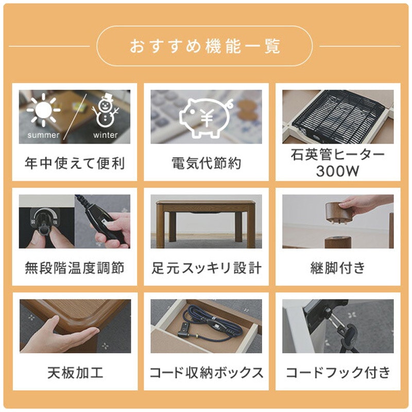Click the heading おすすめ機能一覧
coord(205,46)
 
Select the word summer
coord(43,135)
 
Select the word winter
coord(106,135)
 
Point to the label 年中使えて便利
coord(75,164)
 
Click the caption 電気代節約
coord(206,164)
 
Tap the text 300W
coord(337,171)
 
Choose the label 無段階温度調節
coord(75,268)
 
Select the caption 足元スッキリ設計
coord(206,268)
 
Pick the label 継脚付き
coord(337,268)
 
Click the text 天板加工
coord(75,372)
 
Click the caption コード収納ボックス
coord(206,372)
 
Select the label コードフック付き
coord(337,372)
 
